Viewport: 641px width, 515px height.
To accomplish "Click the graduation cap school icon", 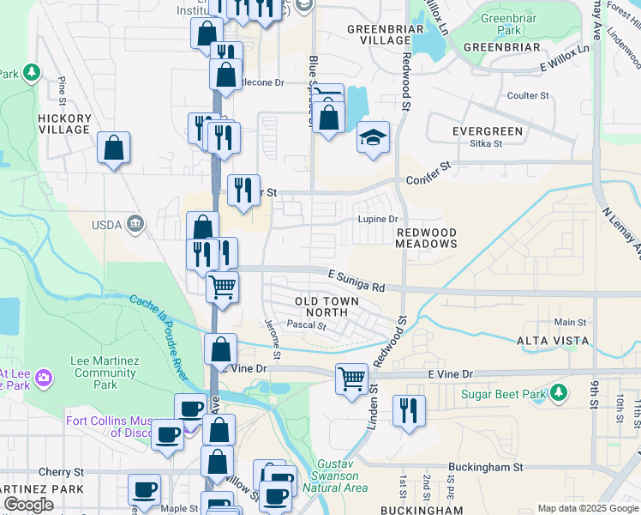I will (x=373, y=138).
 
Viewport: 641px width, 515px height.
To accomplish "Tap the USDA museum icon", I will (x=135, y=225).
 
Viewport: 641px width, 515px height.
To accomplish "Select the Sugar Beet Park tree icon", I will (x=559, y=392).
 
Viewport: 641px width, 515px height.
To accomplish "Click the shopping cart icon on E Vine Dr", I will (x=351, y=378).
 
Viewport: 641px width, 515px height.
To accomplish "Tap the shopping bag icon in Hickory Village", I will (x=113, y=148).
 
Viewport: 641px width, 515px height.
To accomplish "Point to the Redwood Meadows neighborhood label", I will (x=426, y=238).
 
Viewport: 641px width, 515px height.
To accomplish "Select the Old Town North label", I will (x=321, y=306).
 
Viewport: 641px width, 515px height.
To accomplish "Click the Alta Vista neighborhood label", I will (x=553, y=341).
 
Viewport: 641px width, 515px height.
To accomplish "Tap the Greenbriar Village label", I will (x=379, y=34).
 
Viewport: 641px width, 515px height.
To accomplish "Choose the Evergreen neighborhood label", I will (x=488, y=131).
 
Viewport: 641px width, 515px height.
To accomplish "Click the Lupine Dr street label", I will (x=378, y=219).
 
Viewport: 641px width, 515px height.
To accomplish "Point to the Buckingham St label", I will (x=485, y=468).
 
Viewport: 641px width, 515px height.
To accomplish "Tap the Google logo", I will (x=28, y=505).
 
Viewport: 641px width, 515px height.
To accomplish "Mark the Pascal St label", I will (x=307, y=326).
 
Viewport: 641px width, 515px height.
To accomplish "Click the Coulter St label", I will (x=528, y=95).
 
